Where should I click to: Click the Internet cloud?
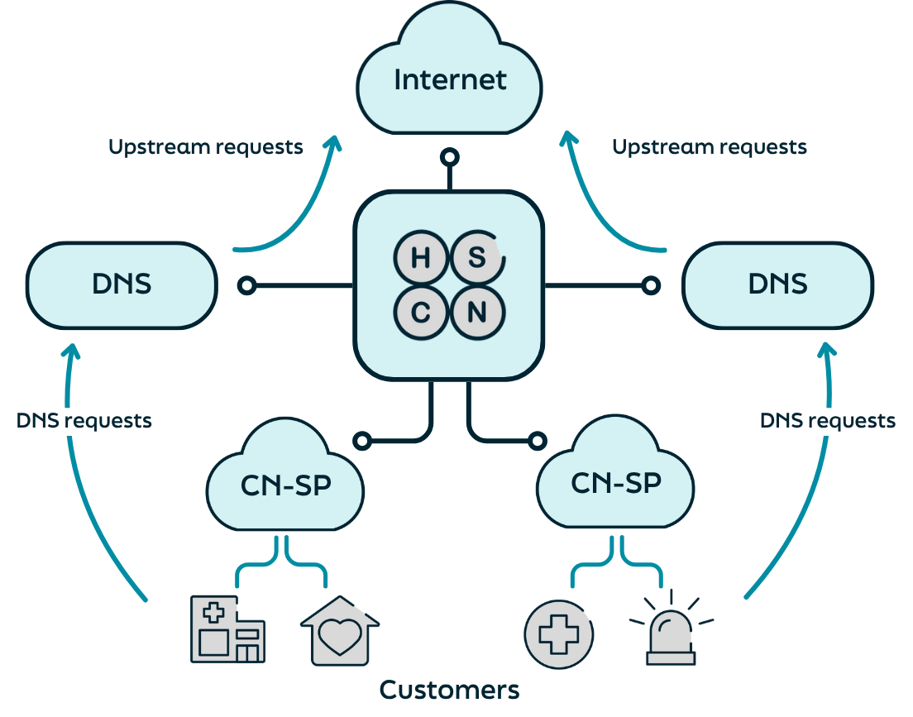tap(449, 79)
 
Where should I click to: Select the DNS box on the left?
tap(122, 285)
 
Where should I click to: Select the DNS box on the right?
tap(777, 285)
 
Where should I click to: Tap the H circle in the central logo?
tap(420, 258)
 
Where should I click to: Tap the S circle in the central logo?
tap(477, 258)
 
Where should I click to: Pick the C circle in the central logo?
tap(420, 313)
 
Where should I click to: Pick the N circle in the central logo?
tap(477, 313)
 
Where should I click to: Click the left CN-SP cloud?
tap(285, 484)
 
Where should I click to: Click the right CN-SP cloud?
tap(616, 482)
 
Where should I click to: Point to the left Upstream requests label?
tap(206, 147)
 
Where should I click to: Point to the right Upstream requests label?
tap(710, 147)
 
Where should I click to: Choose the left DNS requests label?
tap(84, 420)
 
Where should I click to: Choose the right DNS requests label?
tap(828, 420)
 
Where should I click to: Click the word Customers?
tap(449, 690)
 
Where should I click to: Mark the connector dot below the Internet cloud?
tap(449, 156)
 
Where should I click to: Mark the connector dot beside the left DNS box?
tap(246, 285)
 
